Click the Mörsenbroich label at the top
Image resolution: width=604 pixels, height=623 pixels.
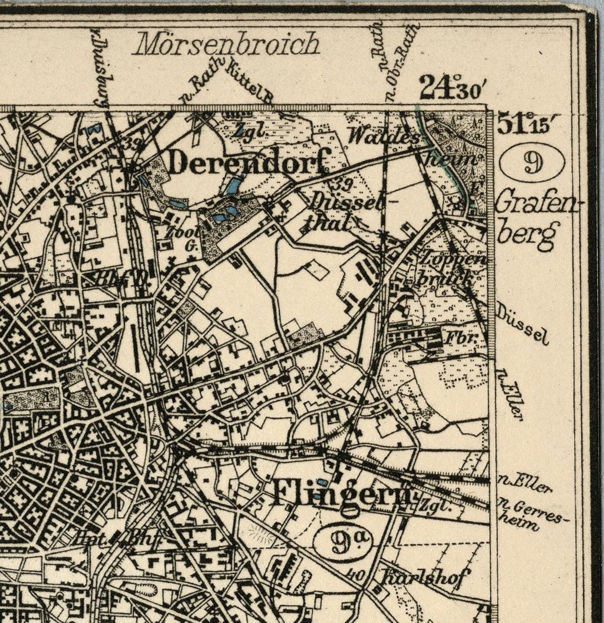227,44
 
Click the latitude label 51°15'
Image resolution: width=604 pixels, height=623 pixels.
522,124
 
